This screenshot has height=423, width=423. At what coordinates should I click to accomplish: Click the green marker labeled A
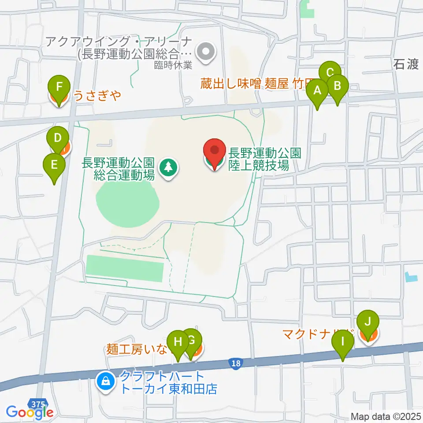click(317, 91)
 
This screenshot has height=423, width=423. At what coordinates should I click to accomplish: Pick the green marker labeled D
click(57, 137)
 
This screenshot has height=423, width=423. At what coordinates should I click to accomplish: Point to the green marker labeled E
click(54, 165)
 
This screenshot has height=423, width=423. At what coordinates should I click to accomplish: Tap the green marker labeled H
click(178, 341)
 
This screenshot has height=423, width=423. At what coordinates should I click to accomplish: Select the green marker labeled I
click(343, 341)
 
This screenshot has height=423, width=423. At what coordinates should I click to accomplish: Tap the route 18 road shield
click(236, 363)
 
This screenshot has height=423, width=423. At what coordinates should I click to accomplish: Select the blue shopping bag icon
click(106, 379)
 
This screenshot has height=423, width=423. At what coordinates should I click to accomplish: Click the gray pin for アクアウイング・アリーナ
click(205, 52)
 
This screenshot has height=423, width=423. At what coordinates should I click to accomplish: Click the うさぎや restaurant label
click(97, 95)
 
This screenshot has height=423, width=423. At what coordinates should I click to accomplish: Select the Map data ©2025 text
click(385, 416)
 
